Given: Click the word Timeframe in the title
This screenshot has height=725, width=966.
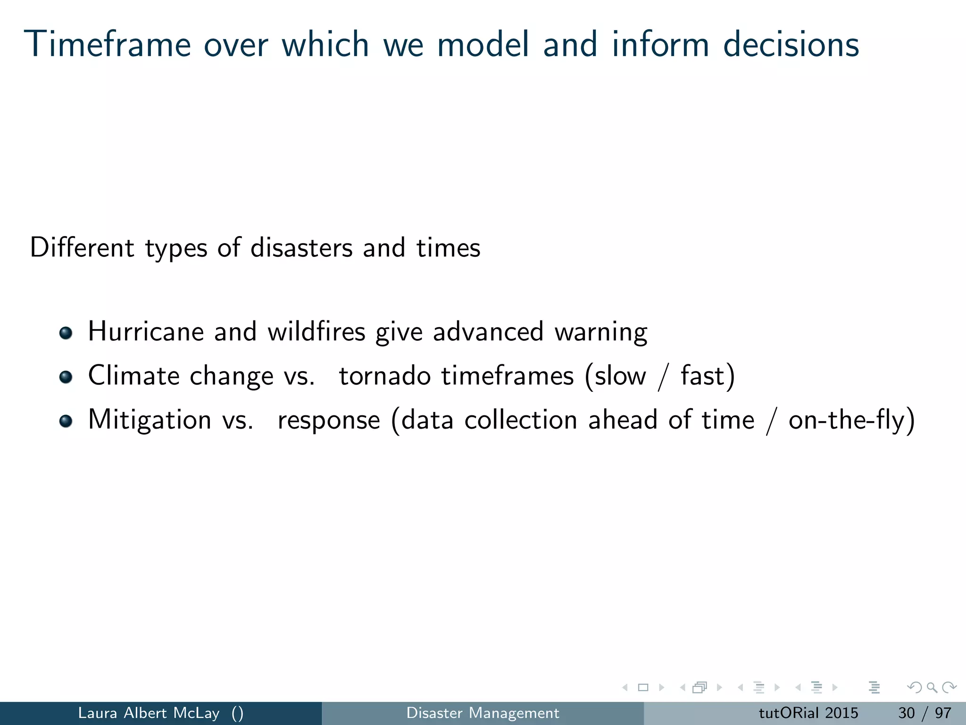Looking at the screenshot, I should point(109,44).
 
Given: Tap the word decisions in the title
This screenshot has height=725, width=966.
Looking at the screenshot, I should point(791,44).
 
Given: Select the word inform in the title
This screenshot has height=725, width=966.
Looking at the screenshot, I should point(660,44).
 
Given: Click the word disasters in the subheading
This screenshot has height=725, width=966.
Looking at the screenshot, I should point(301,248).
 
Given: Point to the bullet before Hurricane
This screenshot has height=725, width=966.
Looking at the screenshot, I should point(66,333).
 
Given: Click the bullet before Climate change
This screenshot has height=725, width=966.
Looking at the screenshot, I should point(66,377).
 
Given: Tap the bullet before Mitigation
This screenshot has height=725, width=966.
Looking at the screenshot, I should point(66,421).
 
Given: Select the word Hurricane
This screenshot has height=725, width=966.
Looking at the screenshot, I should point(145,331).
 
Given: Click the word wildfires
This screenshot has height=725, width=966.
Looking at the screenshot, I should point(316,331).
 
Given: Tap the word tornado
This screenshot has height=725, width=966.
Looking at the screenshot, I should point(384,376).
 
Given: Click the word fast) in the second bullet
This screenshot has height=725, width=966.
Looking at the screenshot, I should point(707,376).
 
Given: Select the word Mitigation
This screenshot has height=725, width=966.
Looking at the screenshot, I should point(150,420).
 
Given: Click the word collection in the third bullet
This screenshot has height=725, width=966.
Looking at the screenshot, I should point(520,420).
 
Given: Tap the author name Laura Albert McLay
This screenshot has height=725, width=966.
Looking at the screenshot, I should point(149,713).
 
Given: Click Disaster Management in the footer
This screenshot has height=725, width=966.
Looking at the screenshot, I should point(483,713).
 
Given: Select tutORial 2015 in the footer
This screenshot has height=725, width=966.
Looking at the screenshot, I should point(808,713).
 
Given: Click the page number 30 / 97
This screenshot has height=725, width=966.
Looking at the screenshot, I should point(924,713).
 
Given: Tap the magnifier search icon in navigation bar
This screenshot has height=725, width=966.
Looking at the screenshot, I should point(932,688).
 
